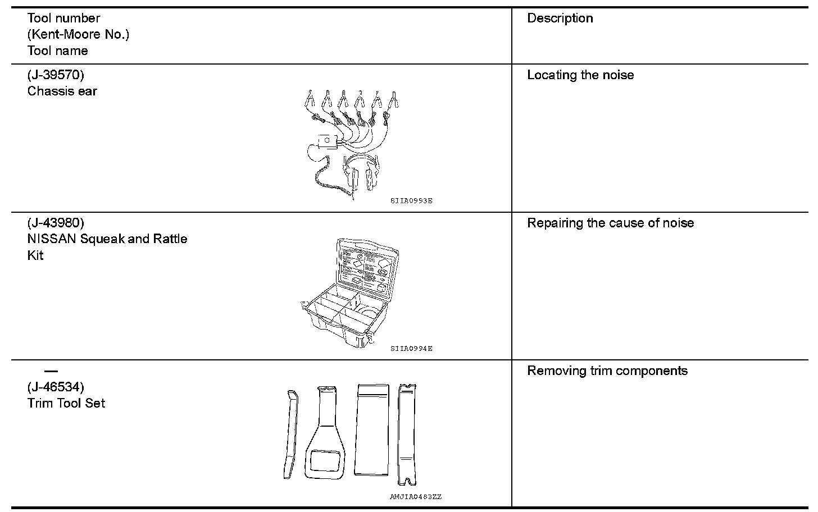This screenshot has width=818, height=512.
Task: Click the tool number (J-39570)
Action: [x=56, y=75]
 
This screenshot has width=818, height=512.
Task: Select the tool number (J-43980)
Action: [x=56, y=223]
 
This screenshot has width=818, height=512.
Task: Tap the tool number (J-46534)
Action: [x=56, y=387]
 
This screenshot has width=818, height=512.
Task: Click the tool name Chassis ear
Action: [x=62, y=91]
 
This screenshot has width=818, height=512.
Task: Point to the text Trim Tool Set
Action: [x=66, y=403]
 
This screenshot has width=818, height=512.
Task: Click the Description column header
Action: [x=560, y=18]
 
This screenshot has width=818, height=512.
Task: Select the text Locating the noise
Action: [x=580, y=75]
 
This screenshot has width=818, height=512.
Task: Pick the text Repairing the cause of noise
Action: [x=610, y=223]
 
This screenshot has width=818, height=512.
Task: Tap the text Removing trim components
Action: [x=607, y=371]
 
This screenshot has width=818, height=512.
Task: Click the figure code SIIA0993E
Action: [x=411, y=200]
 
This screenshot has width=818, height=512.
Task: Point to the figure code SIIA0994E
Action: [x=411, y=349]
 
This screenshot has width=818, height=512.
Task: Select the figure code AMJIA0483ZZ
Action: [x=416, y=497]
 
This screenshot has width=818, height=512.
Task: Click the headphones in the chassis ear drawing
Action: [x=361, y=171]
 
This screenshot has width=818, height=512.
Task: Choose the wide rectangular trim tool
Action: [x=372, y=429]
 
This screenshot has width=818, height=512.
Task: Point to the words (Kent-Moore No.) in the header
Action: [x=78, y=34]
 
